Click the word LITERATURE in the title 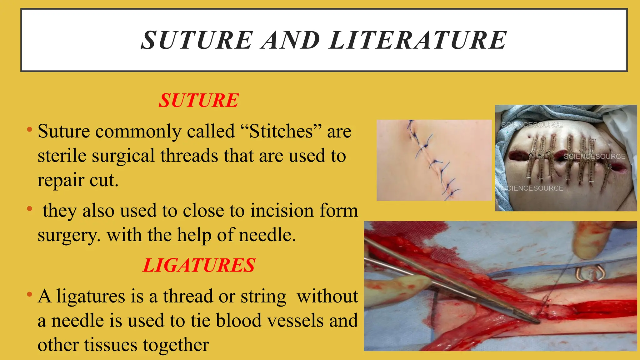[418, 40]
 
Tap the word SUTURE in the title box [197, 40]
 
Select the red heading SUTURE [199, 100]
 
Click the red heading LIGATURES [199, 265]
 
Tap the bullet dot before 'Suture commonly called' [30, 129]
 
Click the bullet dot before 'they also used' [30, 208]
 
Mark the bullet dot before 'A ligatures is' [30, 294]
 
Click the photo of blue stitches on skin [434, 160]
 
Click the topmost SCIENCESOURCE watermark [532, 125]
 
